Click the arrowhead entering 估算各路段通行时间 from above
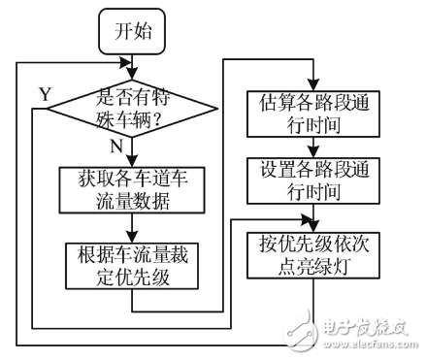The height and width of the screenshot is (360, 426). click(311, 82)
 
